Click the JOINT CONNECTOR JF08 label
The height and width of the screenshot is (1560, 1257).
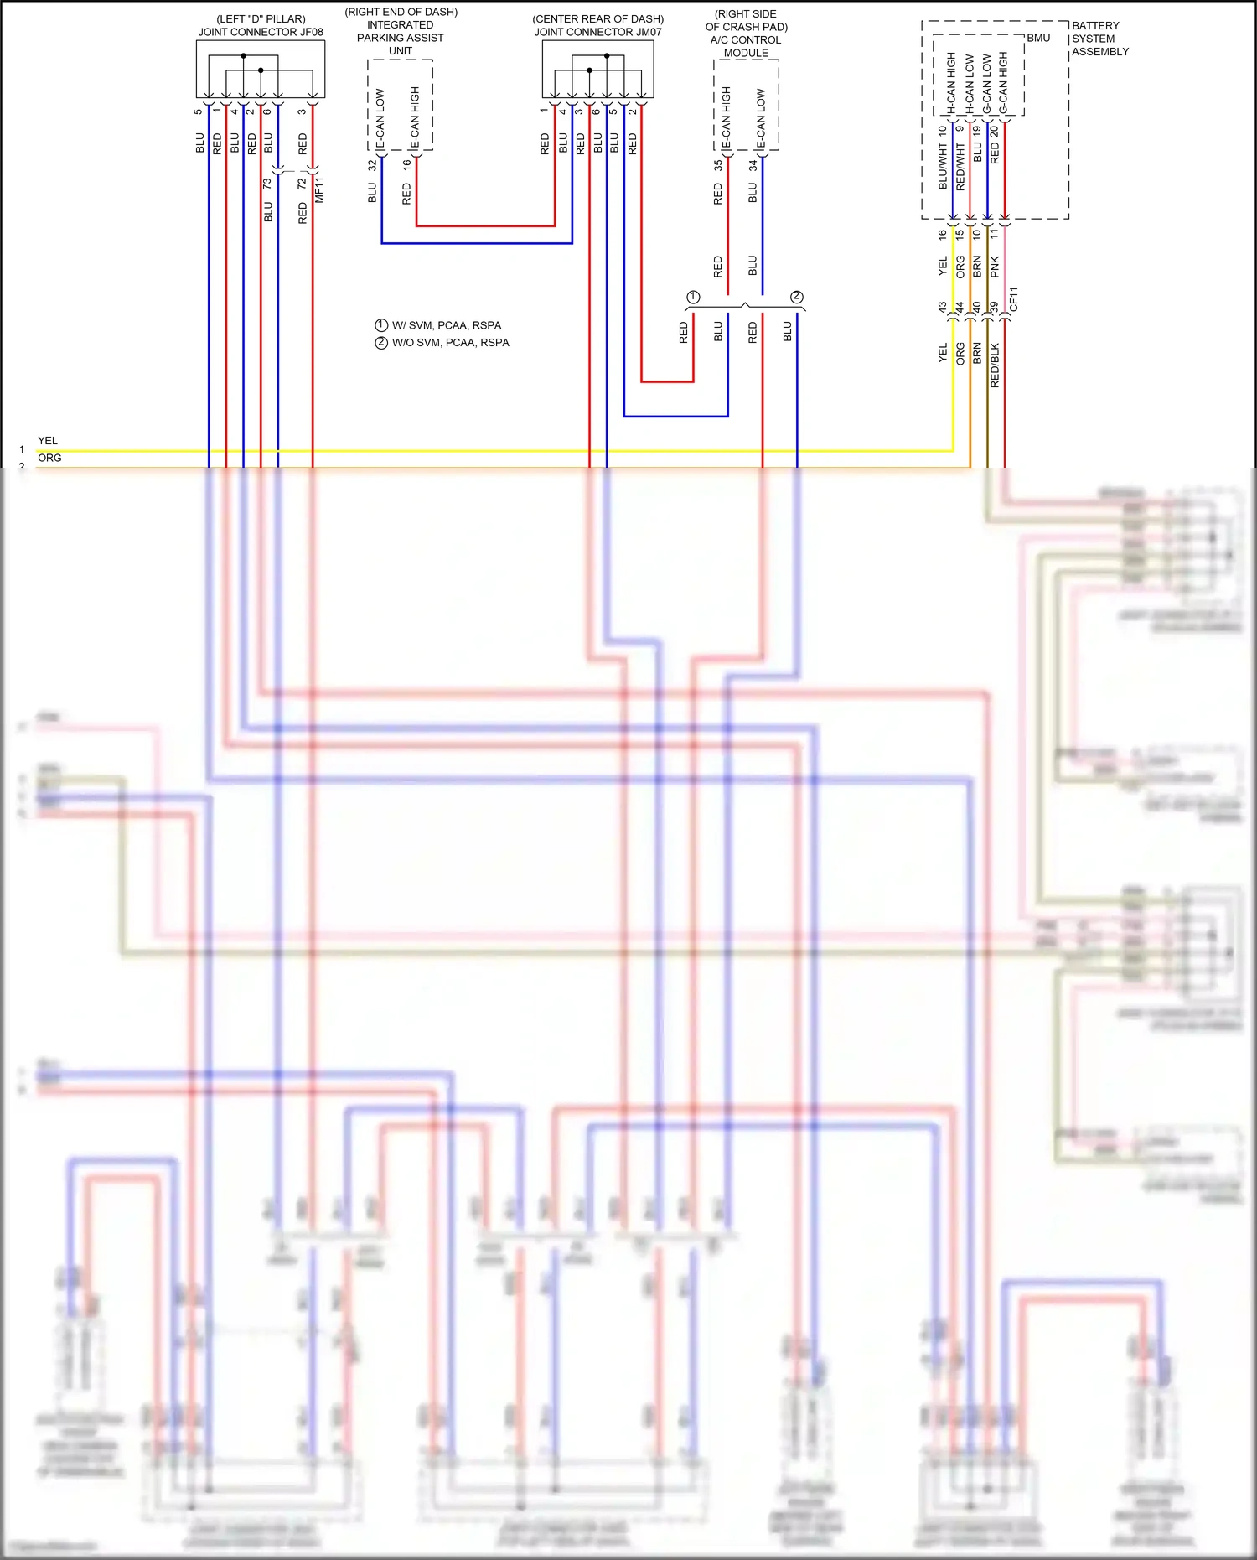click(x=260, y=32)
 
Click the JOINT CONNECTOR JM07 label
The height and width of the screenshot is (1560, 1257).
click(x=597, y=32)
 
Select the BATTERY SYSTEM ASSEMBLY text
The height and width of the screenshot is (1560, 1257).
click(x=1099, y=39)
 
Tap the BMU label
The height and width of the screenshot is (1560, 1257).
click(x=1038, y=38)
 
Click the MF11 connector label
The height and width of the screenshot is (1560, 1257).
click(x=319, y=190)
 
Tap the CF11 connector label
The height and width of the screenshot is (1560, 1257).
click(x=1013, y=299)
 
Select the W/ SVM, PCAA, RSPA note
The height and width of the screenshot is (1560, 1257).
click(x=446, y=325)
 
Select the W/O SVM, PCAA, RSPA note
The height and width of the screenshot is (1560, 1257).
click(x=450, y=342)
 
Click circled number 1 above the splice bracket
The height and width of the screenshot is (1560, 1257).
click(x=692, y=297)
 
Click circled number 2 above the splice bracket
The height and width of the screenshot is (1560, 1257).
click(x=796, y=297)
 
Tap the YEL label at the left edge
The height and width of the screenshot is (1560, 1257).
click(x=48, y=440)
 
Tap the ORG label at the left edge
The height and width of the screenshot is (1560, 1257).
click(x=49, y=458)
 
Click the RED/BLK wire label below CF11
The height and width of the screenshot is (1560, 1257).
click(x=995, y=365)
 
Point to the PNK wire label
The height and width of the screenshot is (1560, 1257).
click(x=995, y=267)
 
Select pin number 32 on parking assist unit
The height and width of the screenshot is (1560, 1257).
click(x=372, y=166)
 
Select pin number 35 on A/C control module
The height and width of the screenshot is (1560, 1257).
click(x=717, y=166)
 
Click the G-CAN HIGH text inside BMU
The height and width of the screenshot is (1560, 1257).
click(x=1003, y=83)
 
